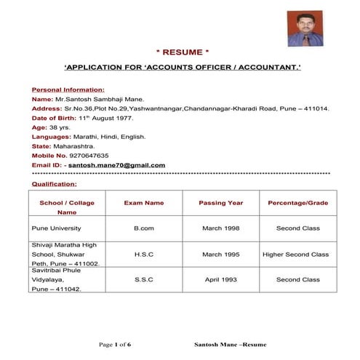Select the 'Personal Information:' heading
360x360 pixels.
coord(63,88)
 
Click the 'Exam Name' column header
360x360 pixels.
coord(144,202)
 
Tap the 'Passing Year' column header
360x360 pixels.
coord(221,202)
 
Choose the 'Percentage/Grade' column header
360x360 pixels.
coord(297,202)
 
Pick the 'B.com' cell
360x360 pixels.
coord(144,228)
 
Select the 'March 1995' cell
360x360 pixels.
coord(221,255)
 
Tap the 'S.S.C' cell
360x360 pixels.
coord(144,279)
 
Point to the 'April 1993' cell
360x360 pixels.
coord(221,279)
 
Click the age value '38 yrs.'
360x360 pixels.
coord(60,127)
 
